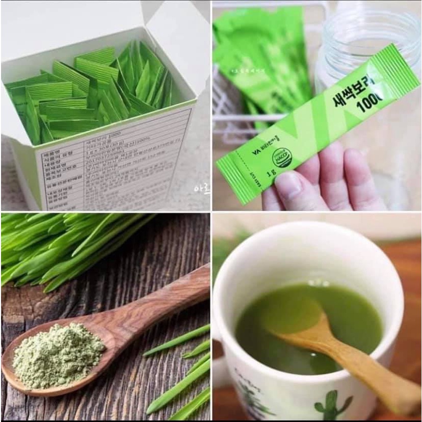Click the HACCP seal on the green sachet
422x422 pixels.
282,157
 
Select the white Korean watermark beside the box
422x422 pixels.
201,189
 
